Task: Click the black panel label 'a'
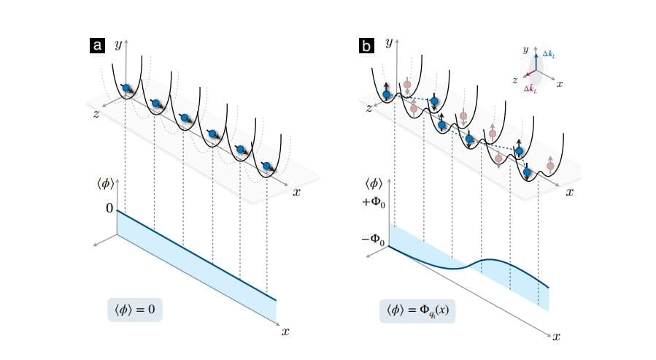pos(96,46)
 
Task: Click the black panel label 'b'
pos(367,46)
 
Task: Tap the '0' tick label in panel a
pos(109,209)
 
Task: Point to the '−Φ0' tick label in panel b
pos(372,239)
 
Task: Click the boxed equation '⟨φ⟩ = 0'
pos(134,310)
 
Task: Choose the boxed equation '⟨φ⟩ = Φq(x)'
pos(418,310)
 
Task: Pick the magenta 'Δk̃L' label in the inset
pos(533,89)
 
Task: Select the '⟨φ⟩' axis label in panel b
pos(374,183)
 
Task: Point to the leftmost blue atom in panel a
pos(127,88)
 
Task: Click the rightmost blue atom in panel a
pos(267,165)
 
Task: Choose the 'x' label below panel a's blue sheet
pos(285,332)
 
